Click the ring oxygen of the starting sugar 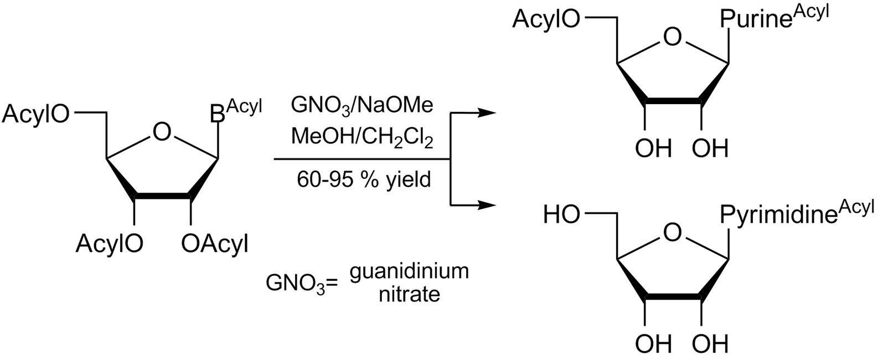pos(162,132)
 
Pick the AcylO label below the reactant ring pos(110,243)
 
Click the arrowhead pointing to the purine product pos(486,113)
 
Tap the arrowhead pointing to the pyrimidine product pos(486,205)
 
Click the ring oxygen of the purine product pos(672,38)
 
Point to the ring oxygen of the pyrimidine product pos(672,234)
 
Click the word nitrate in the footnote pos(410,294)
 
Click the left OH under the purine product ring pos(654,149)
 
